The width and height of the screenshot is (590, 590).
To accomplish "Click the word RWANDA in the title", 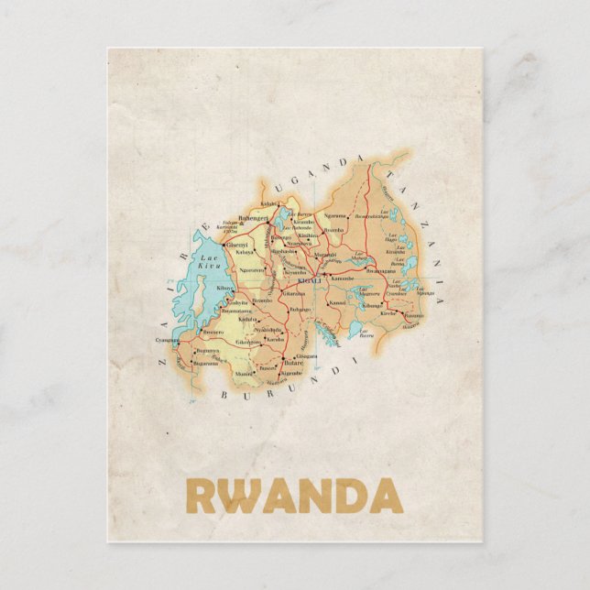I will [294, 496].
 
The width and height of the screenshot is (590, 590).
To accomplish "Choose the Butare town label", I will [293, 364].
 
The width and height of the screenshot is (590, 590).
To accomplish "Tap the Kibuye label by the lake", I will [224, 288].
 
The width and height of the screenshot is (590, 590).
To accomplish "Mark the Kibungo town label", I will [371, 305].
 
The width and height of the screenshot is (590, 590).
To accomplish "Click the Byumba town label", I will [334, 230].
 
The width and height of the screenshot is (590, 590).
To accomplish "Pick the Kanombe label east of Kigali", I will [342, 278].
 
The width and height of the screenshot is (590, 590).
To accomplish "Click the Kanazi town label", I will [337, 302].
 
